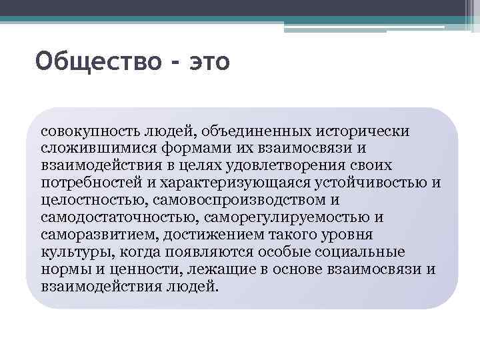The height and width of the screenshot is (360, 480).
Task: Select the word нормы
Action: [62, 269]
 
